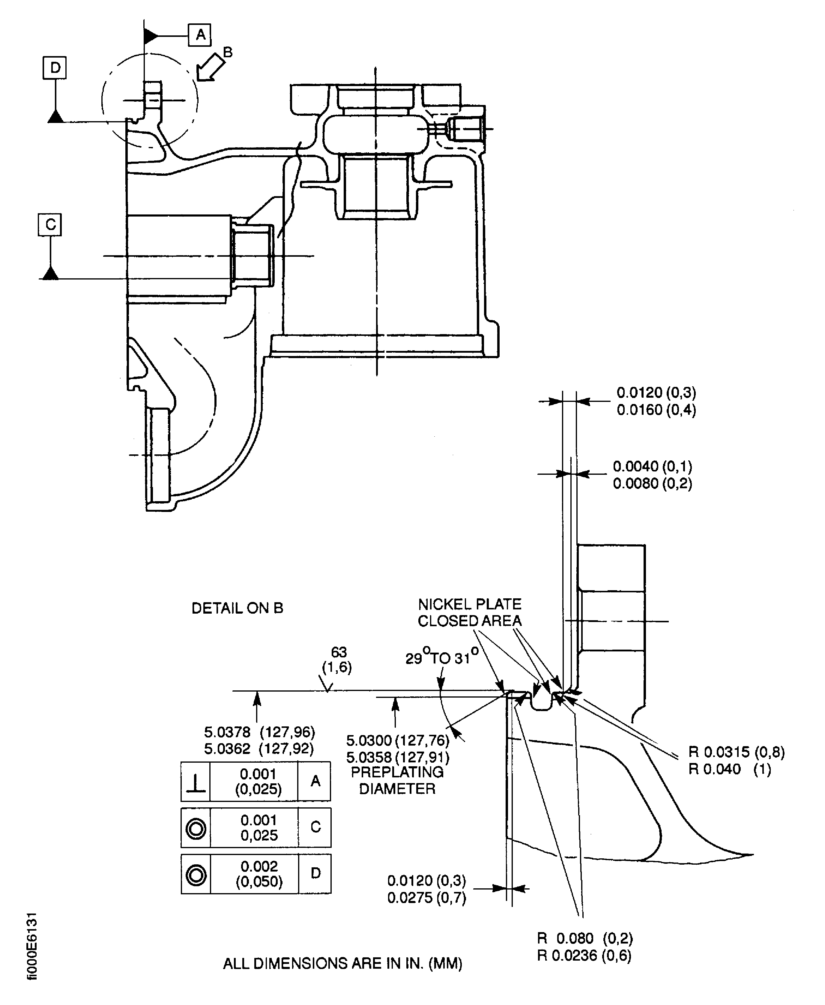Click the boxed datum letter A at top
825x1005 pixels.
coord(200,35)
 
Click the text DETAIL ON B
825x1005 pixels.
coord(237,608)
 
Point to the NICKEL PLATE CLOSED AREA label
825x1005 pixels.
coord(470,612)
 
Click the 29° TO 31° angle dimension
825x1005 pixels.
coord(441,658)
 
